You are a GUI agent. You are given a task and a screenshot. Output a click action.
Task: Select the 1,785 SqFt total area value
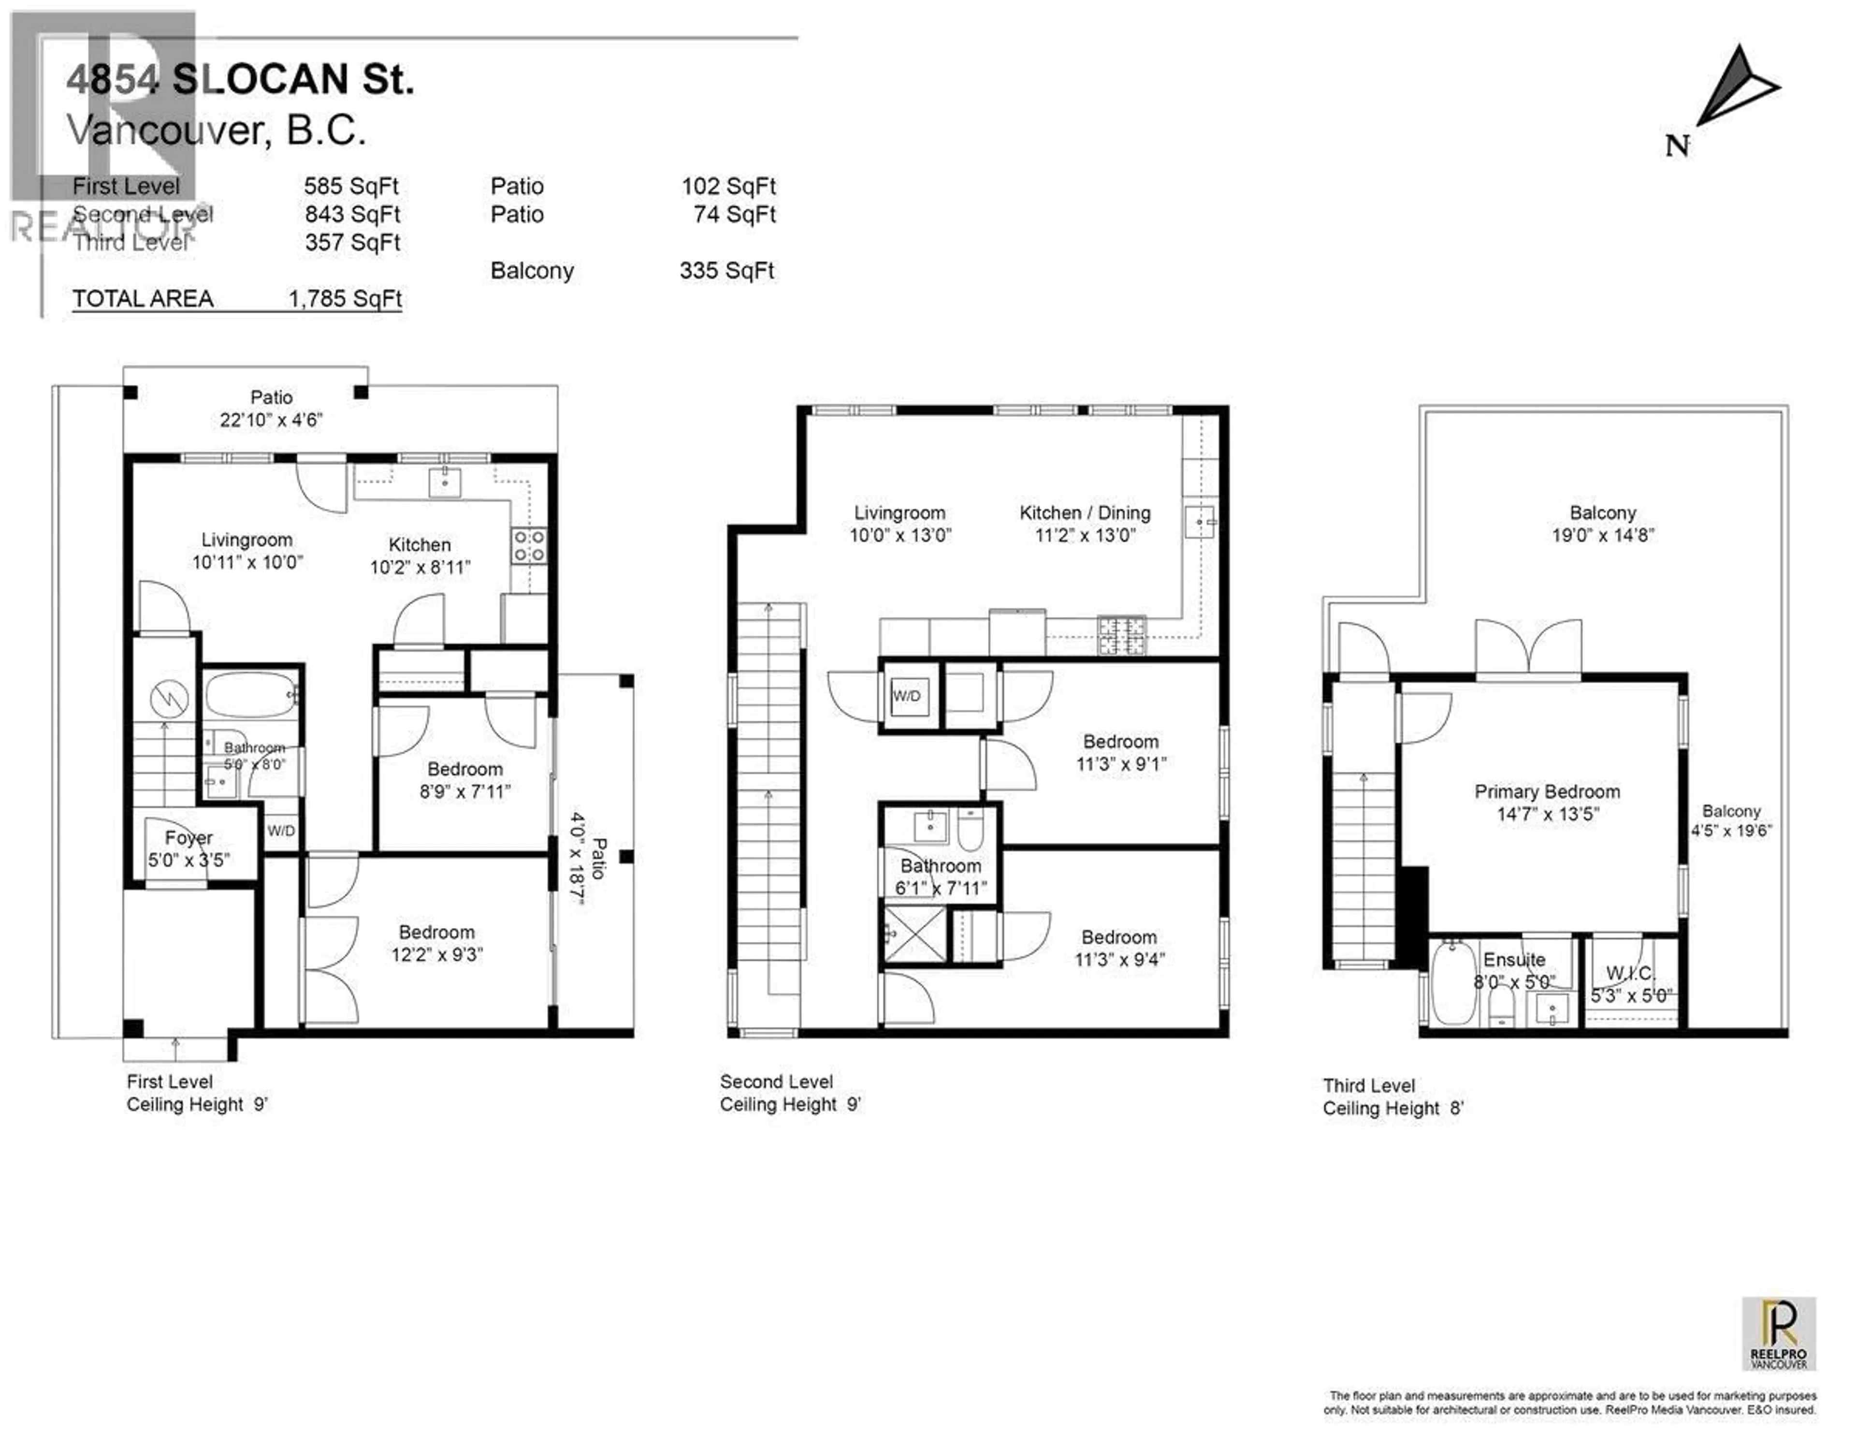click(345, 299)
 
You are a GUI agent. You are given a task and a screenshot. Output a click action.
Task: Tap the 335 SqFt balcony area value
click(726, 271)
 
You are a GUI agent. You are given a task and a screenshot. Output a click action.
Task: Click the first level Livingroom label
click(246, 540)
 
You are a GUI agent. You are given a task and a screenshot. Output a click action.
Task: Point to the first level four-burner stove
click(529, 545)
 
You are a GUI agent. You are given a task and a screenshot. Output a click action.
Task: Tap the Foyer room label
click(188, 838)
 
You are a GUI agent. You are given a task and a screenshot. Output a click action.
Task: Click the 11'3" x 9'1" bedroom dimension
click(1120, 764)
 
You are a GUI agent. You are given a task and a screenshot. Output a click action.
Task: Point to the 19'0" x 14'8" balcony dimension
click(1603, 536)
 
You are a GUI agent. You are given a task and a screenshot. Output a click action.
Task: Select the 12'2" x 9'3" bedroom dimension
click(437, 954)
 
